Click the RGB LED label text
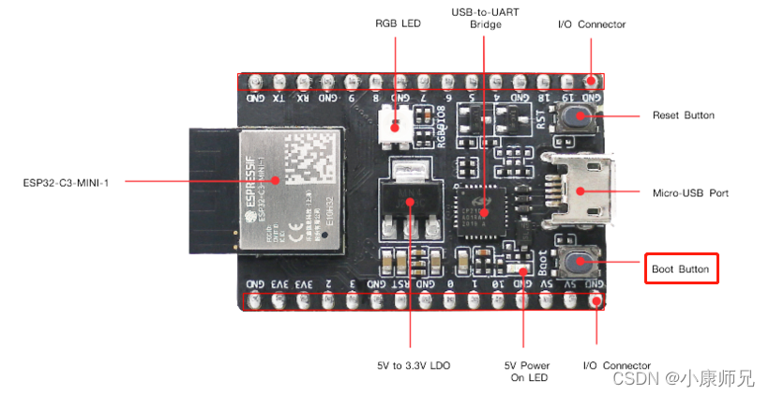pyautogui.click(x=398, y=24)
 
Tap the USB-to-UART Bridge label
pyautogui.click(x=485, y=18)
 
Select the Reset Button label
pyautogui.click(x=683, y=115)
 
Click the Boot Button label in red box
pyautogui.click(x=681, y=269)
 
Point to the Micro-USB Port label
pyautogui.click(x=690, y=192)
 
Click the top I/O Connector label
pyautogui.click(x=591, y=24)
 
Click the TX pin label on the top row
pyautogui.click(x=279, y=98)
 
